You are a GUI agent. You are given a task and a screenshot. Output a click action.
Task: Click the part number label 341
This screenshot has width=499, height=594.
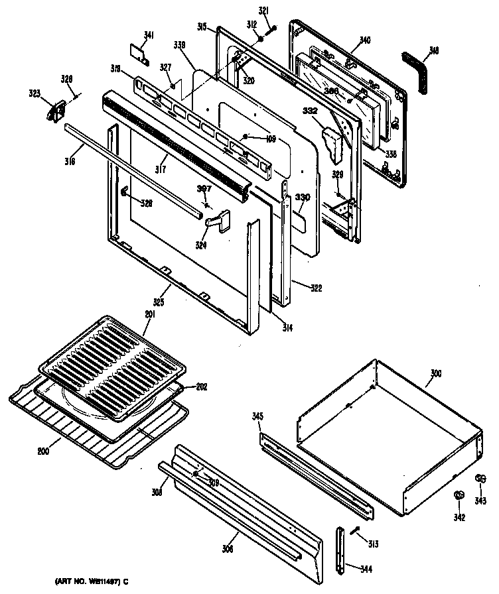click(149, 35)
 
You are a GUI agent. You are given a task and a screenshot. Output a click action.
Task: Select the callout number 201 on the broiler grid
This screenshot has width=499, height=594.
click(149, 314)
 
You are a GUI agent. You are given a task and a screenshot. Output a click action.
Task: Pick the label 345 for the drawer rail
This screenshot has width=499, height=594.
click(258, 416)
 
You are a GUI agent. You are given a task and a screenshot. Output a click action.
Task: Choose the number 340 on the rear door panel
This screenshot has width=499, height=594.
click(364, 40)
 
